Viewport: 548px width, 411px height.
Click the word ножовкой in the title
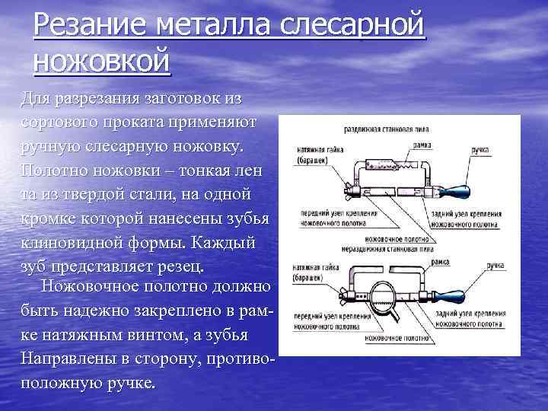102,61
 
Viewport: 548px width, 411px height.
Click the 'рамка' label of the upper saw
424,143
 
